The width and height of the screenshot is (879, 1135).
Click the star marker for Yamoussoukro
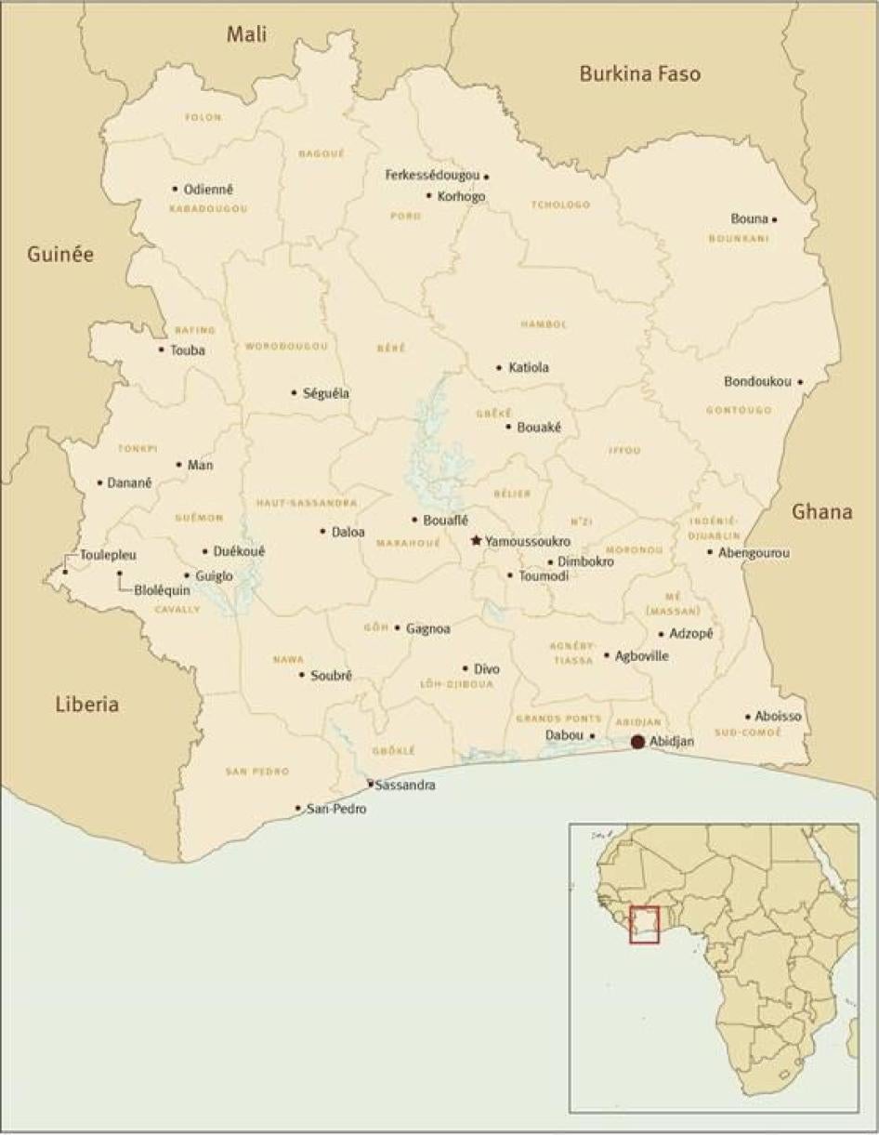(x=477, y=540)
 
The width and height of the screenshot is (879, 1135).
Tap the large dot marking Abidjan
(x=637, y=741)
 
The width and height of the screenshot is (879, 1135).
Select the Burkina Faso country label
(x=639, y=73)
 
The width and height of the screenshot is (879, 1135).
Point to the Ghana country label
(x=821, y=511)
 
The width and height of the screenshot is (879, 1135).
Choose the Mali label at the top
(x=246, y=34)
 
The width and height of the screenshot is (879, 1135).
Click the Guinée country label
(x=60, y=255)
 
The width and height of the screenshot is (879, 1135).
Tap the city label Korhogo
(x=461, y=196)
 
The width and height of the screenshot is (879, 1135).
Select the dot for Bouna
(x=775, y=220)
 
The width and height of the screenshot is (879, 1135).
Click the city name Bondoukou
(x=757, y=382)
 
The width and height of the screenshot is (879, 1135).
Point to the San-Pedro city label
(x=336, y=809)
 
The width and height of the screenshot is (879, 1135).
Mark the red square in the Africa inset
(x=644, y=924)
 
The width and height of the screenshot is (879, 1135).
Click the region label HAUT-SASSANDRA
(x=307, y=502)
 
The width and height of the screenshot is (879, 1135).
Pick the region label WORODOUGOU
(x=286, y=346)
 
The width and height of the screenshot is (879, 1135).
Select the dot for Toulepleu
(x=65, y=572)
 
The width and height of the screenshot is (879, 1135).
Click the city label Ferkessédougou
(x=433, y=175)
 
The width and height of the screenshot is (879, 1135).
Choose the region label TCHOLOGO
(x=560, y=205)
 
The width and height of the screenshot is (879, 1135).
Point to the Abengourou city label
(x=754, y=552)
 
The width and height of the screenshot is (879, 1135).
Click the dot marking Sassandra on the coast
(x=370, y=784)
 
